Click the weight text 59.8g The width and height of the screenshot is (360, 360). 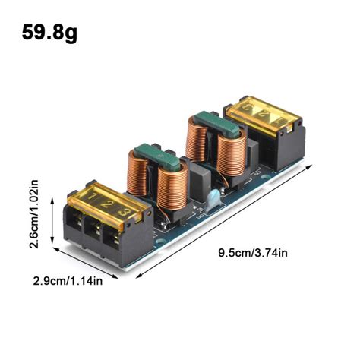(x=49, y=33)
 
